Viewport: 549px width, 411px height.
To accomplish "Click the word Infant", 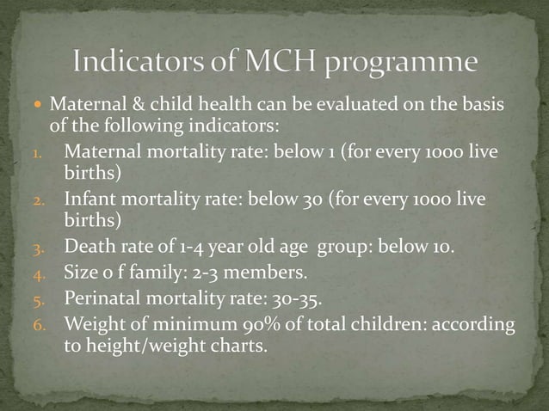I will pos(89,200).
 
